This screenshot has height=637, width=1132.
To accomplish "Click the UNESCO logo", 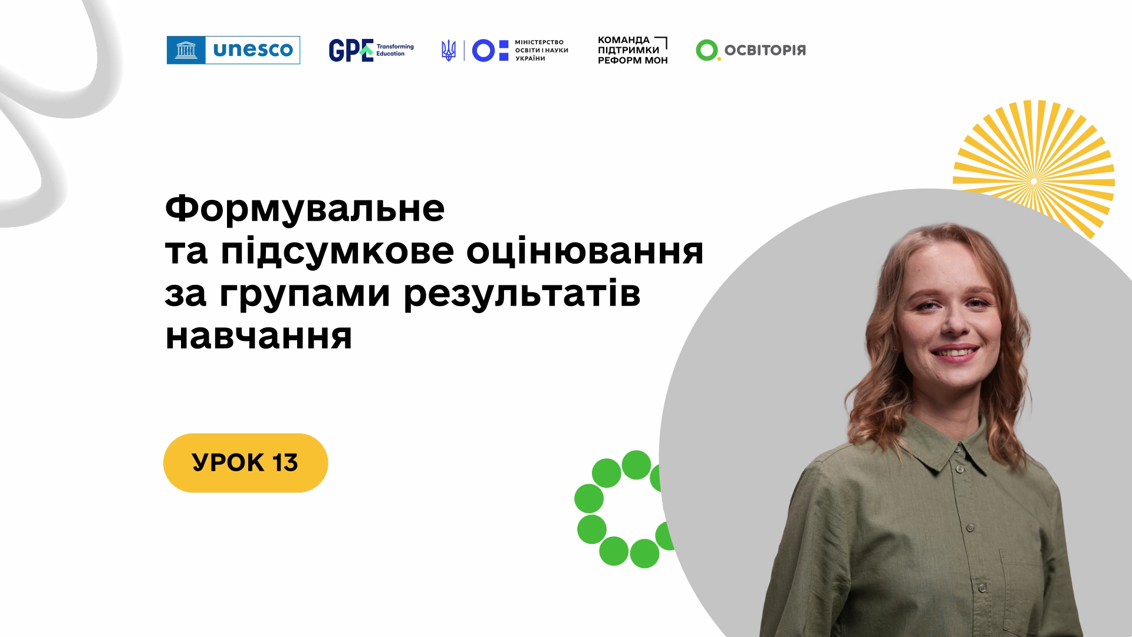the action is pos(233,50).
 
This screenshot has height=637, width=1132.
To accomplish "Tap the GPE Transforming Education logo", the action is pos(371,50).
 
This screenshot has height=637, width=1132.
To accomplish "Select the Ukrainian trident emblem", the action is pos(449,51).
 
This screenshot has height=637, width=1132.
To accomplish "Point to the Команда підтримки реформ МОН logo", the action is pos(633,50).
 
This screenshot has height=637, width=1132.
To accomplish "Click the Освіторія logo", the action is pos(751,51).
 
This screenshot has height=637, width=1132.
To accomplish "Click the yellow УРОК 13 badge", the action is pos(245,463).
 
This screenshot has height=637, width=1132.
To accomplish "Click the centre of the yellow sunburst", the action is pos(1033,180).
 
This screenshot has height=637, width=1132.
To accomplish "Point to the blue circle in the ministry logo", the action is pos(483,51).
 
